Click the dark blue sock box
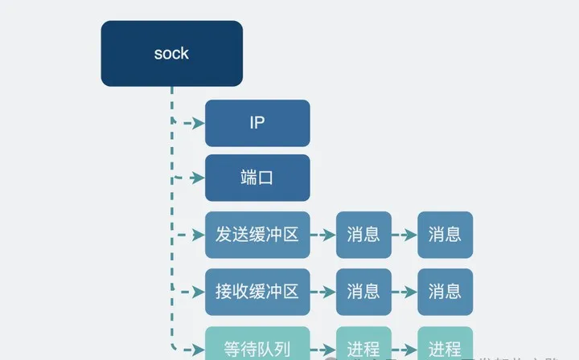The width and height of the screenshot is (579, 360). pos(171,53)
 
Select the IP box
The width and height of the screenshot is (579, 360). pos(257,123)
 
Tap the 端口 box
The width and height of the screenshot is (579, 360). pos(257,178)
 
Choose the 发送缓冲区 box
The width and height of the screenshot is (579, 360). pos(257,235)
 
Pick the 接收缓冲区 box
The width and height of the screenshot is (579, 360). pos(257,291)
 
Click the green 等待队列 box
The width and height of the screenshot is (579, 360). pos(257,347)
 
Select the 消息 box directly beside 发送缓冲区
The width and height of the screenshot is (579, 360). pos(363,235)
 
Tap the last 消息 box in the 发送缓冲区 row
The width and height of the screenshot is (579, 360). pos(445,235)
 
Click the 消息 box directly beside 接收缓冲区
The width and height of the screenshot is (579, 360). pos(363,291)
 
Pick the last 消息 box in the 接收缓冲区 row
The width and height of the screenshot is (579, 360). pos(445,291)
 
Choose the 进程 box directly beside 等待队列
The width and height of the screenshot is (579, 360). pos(363,348)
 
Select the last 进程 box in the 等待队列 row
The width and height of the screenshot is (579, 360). pos(445,348)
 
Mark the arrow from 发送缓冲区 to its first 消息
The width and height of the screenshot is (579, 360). pos(323,235)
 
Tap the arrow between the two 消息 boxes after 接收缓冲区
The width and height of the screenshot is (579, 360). pos(404,292)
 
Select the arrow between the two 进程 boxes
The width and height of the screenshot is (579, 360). pos(404,349)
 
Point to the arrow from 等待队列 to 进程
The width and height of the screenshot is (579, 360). pos(323,349)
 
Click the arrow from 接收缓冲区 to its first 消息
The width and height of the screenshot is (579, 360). pos(323,292)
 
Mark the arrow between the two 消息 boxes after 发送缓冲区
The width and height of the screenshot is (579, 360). pos(404,235)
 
